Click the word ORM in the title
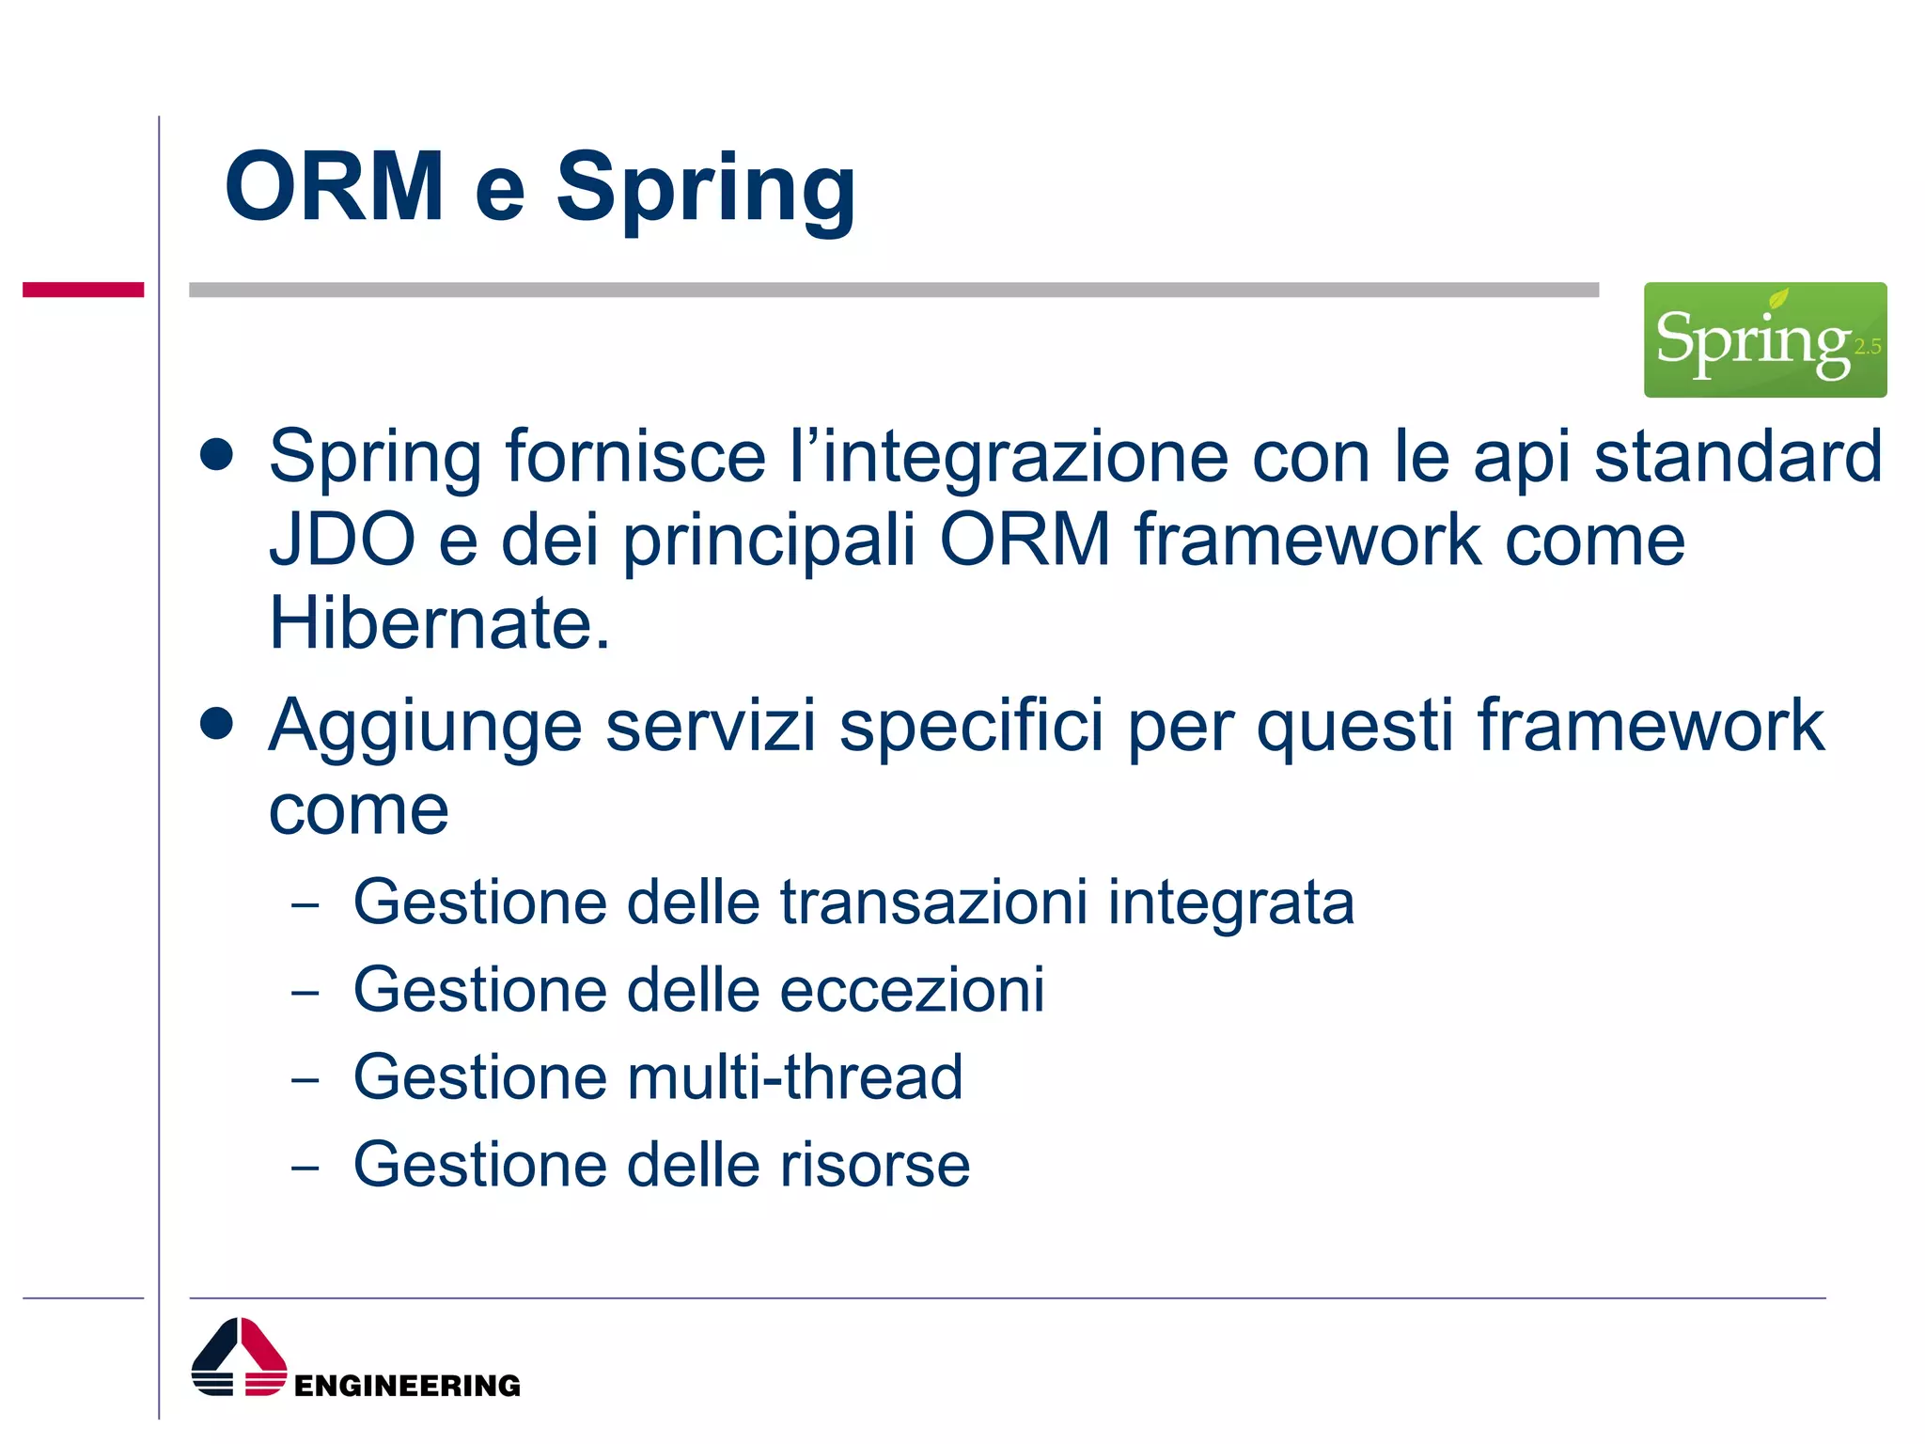[x=334, y=187]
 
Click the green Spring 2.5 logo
[x=1763, y=339]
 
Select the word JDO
[x=341, y=541]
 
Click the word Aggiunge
[x=425, y=727]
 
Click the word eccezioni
[x=912, y=990]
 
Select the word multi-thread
[x=794, y=1077]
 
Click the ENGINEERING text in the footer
[x=407, y=1386]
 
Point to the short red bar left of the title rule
[x=83, y=290]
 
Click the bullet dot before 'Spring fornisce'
[x=216, y=455]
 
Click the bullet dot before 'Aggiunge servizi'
[x=216, y=724]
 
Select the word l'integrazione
[x=1008, y=458]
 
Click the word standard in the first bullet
[x=1738, y=458]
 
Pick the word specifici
[x=971, y=727]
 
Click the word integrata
[x=1230, y=902]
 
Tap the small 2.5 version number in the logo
[x=1867, y=347]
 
